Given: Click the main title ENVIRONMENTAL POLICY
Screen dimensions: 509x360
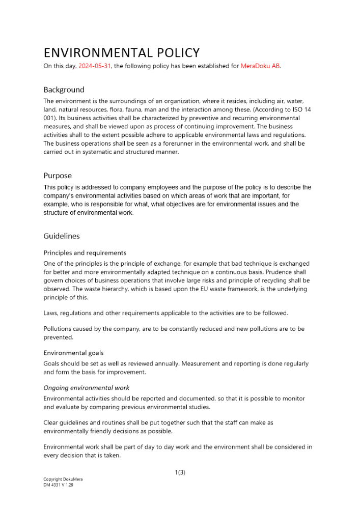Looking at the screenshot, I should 121,52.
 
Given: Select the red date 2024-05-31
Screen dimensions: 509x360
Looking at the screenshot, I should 94,66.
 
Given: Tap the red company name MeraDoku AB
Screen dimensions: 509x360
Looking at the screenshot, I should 260,66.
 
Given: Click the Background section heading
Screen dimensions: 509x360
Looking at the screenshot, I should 64,90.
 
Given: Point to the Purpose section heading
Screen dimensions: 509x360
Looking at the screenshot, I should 58,176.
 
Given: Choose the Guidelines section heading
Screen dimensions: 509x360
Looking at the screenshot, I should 62,236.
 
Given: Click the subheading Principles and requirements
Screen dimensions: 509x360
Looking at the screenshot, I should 85,253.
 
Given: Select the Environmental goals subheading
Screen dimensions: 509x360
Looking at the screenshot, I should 73,353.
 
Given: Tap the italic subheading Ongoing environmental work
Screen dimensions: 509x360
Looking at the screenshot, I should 86,388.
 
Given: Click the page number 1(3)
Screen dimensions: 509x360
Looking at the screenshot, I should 180,472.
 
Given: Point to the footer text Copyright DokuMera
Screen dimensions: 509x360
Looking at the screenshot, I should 63,479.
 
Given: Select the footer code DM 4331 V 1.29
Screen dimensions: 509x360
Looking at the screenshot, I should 59,485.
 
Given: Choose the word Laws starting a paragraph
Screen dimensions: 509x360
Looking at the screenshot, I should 51,313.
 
